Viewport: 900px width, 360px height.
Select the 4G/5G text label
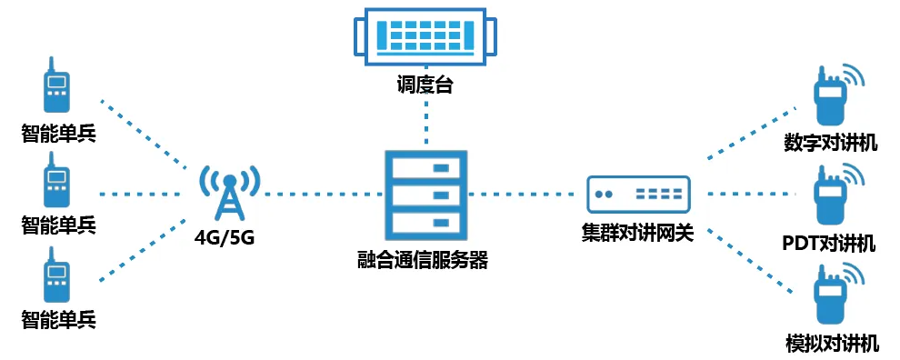click(224, 238)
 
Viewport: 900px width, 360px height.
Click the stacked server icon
click(425, 195)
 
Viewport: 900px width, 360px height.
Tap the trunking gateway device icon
click(638, 194)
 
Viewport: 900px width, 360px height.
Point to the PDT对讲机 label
click(828, 243)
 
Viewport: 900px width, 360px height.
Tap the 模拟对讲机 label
click(831, 343)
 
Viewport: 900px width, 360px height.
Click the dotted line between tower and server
click(318, 194)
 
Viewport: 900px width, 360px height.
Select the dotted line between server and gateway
click(527, 194)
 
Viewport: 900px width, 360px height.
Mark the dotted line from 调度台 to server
click(425, 123)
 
